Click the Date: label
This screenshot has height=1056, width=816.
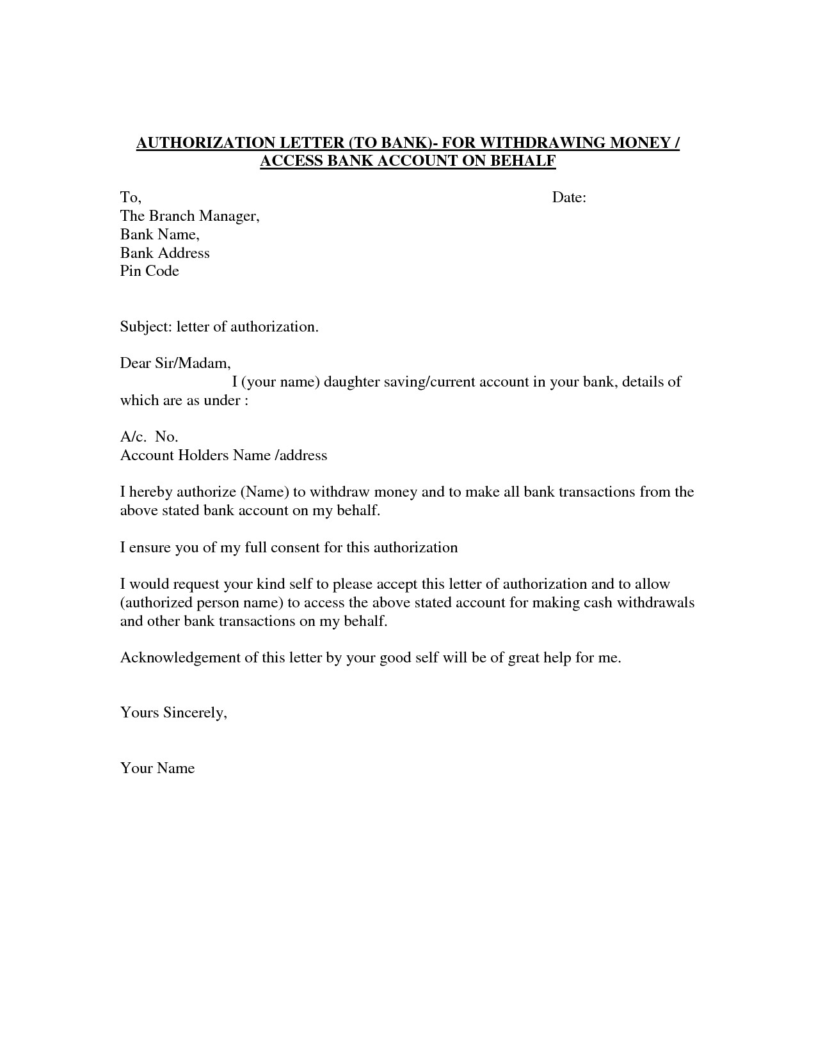pyautogui.click(x=569, y=198)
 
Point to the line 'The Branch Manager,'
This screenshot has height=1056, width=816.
pyautogui.click(x=190, y=216)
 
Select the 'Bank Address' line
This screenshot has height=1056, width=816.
pyautogui.click(x=165, y=253)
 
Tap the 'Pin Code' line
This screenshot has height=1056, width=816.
pyautogui.click(x=150, y=271)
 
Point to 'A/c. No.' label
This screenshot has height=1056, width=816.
pyautogui.click(x=149, y=437)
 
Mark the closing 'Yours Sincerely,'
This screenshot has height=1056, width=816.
pyautogui.click(x=174, y=713)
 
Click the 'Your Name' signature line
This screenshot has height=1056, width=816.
pyautogui.click(x=157, y=769)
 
